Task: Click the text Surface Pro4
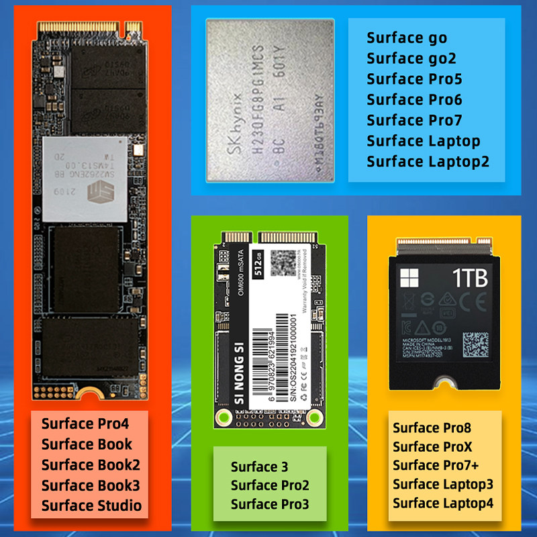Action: pos(85,424)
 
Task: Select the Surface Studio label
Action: pos(91,505)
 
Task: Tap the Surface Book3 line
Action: pos(91,485)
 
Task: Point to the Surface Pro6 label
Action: pos(414,100)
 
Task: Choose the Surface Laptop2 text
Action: pos(428,162)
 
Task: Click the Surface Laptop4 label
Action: pos(443,503)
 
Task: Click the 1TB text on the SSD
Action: pos(469,278)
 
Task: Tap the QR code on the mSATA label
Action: pos(277,258)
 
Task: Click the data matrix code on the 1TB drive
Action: pos(475,344)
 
